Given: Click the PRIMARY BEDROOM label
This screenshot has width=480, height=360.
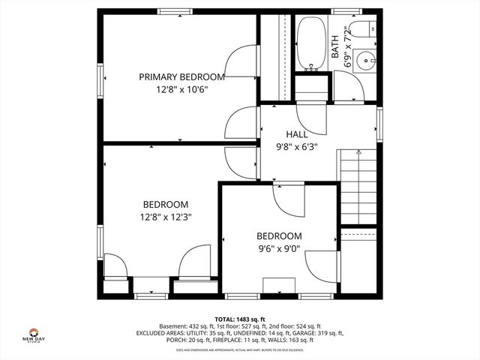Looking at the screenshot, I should tap(181, 76).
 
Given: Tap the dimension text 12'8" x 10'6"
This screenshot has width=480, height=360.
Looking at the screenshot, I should tap(181, 89).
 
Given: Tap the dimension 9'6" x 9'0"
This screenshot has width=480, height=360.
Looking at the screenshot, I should tap(279, 249).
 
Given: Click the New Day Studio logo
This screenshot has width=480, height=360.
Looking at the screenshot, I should tap(33, 335).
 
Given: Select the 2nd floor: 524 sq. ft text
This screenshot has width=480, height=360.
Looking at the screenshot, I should tap(312, 326).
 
